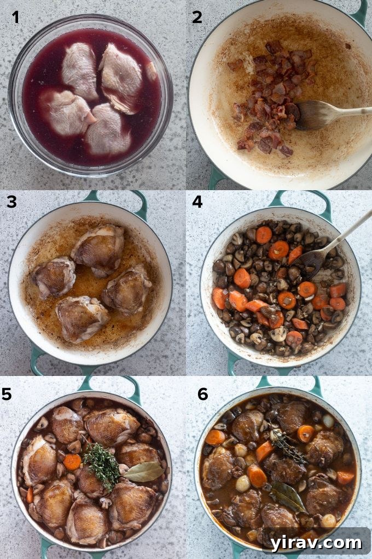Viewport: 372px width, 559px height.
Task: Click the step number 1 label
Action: point(15,17)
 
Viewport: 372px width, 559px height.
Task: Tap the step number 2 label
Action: point(197,17)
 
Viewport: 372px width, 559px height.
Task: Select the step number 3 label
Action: point(12,202)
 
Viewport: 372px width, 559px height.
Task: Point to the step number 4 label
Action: point(197,202)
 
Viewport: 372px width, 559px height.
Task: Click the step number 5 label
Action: point(8,393)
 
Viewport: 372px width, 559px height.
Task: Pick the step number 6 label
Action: point(202,393)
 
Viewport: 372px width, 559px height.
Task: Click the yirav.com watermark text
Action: point(322,543)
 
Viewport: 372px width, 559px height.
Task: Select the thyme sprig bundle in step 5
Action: point(103,465)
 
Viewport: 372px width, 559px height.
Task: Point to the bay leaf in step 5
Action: point(144,471)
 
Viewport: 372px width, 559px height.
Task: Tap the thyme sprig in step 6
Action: point(287,447)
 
